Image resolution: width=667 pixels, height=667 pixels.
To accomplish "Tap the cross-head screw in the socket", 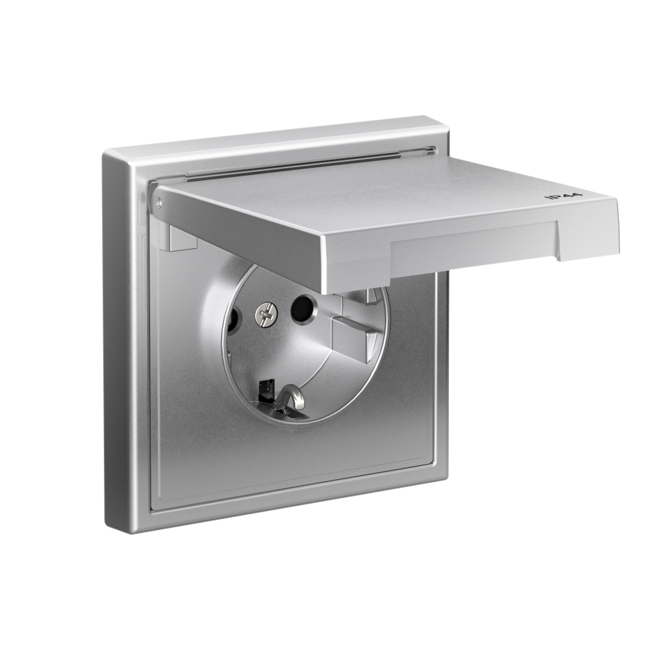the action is (x=264, y=315).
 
